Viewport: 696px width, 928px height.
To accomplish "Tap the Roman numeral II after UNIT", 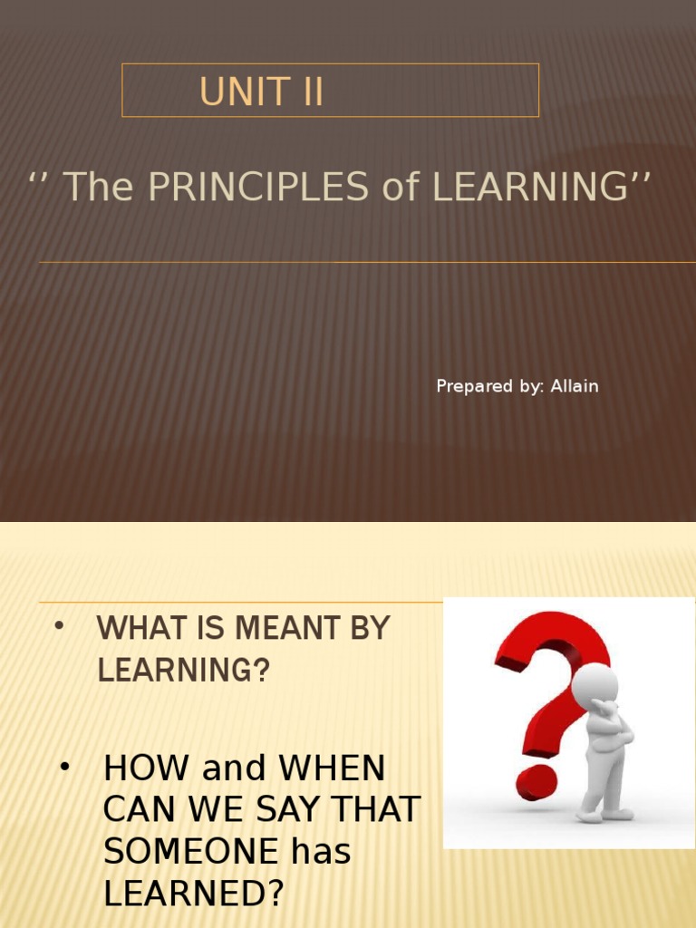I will pyautogui.click(x=306, y=92).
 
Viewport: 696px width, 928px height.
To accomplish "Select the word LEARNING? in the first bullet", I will pyautogui.click(x=184, y=671).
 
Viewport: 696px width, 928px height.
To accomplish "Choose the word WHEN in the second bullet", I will pyautogui.click(x=332, y=769).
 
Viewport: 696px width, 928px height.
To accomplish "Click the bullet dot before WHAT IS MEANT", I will pyautogui.click(x=59, y=627).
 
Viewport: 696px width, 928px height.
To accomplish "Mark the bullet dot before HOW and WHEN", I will pyautogui.click(x=64, y=768).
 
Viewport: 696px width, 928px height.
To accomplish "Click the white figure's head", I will pyautogui.click(x=594, y=681).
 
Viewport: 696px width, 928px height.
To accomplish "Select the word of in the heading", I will pyautogui.click(x=404, y=187).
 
